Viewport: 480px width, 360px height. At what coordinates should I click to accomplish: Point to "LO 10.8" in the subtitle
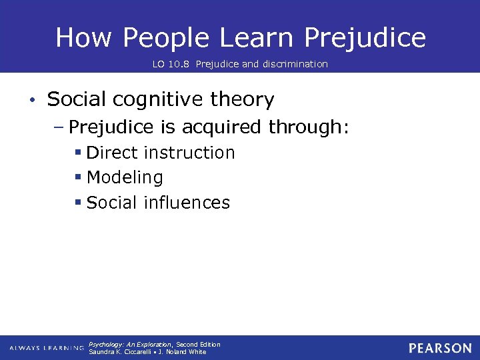point(167,64)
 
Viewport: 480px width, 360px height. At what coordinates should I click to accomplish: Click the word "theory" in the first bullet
point(242,100)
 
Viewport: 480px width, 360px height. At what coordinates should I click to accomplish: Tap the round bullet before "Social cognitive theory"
point(32,101)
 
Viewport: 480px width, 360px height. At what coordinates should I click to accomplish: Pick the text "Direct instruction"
point(161,153)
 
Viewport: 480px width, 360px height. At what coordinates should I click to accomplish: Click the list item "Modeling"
point(125,178)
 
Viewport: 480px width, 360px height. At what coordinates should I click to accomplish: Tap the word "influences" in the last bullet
point(187,203)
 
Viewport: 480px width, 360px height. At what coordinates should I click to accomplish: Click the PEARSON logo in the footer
point(440,348)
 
